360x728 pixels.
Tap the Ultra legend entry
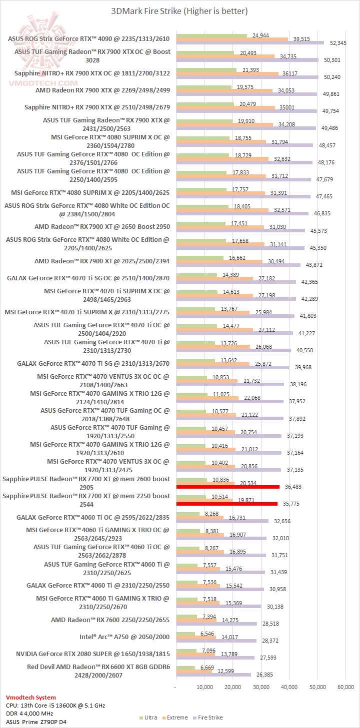pos(149,718)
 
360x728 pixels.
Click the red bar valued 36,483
pos(228,487)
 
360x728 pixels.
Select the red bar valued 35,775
pos(227,504)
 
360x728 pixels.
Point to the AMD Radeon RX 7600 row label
pos(110,620)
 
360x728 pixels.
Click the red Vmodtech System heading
pos(30,697)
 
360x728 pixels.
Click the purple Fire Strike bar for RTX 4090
pos(250,43)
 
